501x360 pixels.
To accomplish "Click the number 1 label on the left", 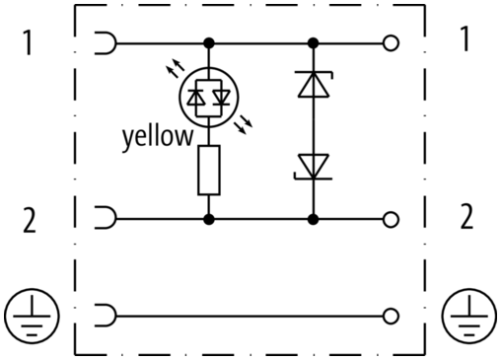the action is [29, 42].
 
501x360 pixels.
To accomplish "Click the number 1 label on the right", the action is [465, 38].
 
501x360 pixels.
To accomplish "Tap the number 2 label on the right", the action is [466, 216].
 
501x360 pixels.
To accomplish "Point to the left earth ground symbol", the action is [32, 316].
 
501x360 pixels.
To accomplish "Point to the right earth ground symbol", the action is [469, 316].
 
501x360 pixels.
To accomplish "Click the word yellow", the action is [158, 137].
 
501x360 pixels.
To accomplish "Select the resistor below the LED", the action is [209, 171].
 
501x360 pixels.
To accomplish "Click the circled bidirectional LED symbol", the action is [209, 98].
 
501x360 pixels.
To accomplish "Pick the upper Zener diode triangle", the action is [314, 84].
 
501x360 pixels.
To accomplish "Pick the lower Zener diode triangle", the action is [314, 167].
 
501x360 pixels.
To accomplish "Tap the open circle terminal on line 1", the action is [391, 43].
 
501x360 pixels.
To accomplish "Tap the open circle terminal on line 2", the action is [391, 219].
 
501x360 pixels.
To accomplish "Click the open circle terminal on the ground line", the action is [391, 316].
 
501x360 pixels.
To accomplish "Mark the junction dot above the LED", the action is [209, 43].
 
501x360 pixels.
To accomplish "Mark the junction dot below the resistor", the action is [209, 219].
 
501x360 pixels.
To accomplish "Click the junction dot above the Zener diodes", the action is [314, 43].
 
